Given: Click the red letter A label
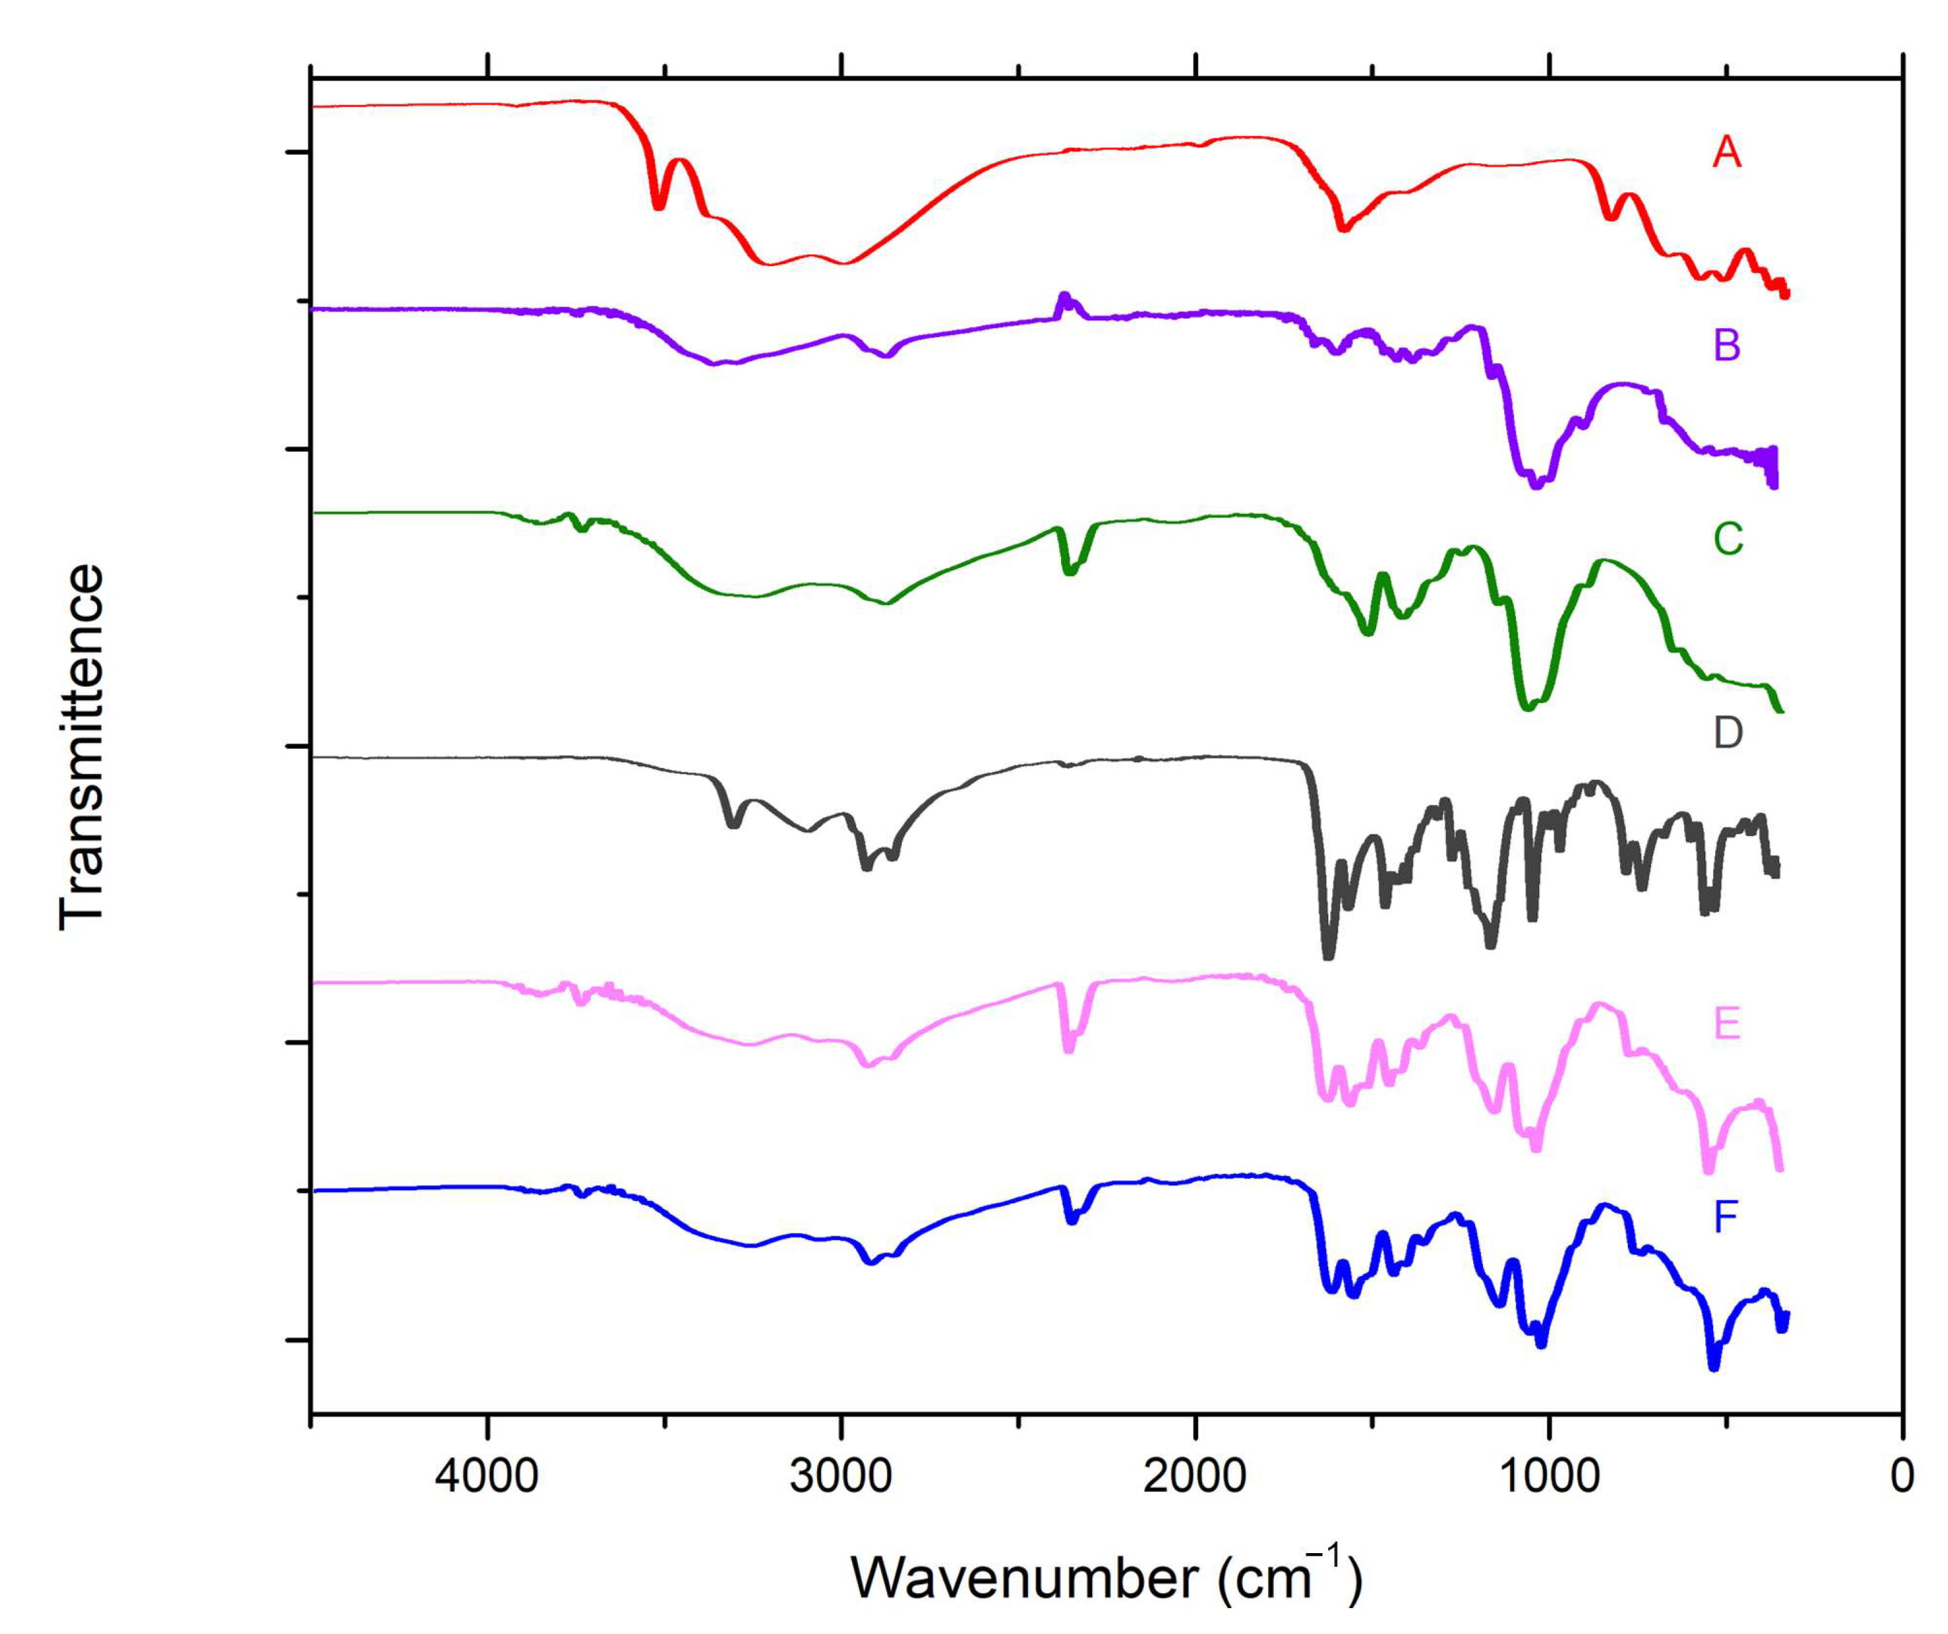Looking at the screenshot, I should [x=1726, y=152].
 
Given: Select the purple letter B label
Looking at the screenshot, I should [x=1726, y=345].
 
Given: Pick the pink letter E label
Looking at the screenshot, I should [x=1726, y=1024].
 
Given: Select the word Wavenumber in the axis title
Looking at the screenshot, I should [x=1025, y=1578].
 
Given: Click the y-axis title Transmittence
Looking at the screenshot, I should [x=82, y=746].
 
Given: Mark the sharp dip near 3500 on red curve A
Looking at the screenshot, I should [x=659, y=206].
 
